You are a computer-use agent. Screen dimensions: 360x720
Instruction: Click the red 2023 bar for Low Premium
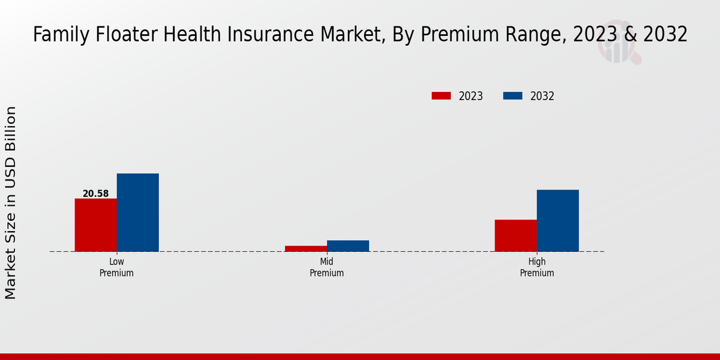95,225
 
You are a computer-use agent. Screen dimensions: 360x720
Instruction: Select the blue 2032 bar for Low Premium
137,212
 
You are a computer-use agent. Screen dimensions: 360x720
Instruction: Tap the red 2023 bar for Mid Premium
306,248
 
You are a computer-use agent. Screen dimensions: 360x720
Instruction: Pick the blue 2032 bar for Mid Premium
348,246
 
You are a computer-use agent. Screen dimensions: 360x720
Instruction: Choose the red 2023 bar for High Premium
515,235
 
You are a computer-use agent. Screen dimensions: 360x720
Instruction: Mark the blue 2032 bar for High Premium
557,220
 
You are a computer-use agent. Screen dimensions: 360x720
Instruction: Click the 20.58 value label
95,194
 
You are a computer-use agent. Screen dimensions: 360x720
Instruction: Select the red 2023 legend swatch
441,96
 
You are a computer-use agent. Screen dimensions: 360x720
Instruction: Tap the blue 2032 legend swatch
512,96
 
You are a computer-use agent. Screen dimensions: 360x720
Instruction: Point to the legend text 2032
542,96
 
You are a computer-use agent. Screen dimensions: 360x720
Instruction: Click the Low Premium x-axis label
116,268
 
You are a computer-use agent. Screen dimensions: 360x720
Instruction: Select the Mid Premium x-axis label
326,268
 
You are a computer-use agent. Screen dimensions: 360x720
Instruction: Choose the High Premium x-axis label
537,268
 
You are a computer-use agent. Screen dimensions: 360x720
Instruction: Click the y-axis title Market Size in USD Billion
11,203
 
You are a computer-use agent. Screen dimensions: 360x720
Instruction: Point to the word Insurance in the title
273,35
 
